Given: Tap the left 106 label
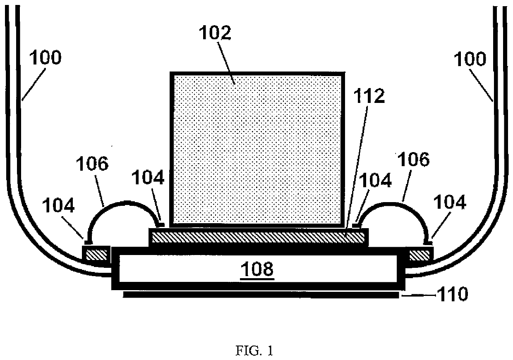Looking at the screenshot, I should point(91,165).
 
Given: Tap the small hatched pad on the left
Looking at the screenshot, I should point(96,254).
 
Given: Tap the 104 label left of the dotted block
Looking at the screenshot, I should point(148,179).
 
